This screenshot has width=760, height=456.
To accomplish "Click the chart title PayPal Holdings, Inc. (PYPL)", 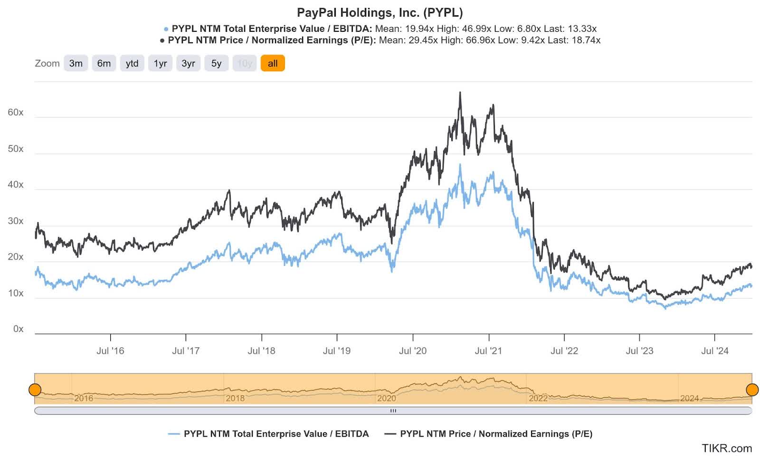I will click(x=380, y=12).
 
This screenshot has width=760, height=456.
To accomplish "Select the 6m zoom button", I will click(x=104, y=63).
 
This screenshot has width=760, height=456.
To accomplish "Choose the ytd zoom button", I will click(x=132, y=63).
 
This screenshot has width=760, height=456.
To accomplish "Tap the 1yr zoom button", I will click(x=160, y=63).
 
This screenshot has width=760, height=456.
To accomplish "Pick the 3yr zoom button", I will click(x=188, y=63).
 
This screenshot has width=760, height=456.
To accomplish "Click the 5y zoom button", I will click(x=216, y=63).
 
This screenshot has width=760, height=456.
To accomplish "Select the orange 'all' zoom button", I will click(x=272, y=63).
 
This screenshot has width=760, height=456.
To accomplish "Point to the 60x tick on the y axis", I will click(x=15, y=113).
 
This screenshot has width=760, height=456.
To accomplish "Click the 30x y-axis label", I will click(x=15, y=221).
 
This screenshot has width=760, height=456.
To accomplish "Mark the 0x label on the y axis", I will click(x=18, y=329).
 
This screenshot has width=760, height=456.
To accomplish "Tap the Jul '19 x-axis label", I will click(x=336, y=351).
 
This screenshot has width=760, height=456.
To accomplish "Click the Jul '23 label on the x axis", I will click(x=639, y=351).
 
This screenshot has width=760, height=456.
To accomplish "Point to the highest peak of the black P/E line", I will click(x=460, y=93).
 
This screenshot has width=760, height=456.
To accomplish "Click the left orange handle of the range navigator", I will click(x=35, y=390).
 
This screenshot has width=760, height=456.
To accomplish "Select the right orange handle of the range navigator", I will click(x=752, y=390).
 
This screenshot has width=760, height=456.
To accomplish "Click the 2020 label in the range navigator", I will click(x=386, y=399).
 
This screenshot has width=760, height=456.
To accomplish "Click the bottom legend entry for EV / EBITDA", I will click(x=275, y=434).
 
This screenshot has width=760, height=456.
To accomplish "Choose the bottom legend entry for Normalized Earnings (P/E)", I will click(x=496, y=434).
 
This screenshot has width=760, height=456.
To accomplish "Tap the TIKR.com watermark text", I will click(x=726, y=448).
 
